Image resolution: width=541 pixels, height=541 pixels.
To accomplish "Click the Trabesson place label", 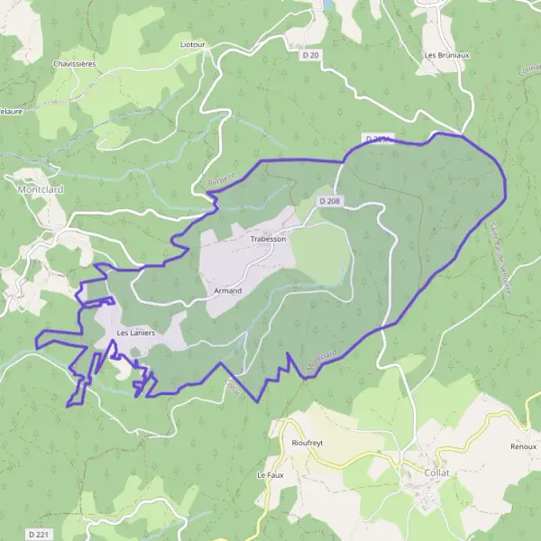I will (268, 239).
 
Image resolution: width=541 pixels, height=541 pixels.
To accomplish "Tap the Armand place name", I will (228, 291).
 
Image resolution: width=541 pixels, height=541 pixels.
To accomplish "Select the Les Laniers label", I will (136, 333).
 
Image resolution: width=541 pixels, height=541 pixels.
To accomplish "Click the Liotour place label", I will (192, 43).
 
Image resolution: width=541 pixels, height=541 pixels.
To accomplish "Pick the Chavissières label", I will (74, 65).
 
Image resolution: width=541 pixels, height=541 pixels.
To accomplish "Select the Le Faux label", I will (270, 474).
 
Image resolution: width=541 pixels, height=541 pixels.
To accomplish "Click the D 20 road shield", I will (310, 56).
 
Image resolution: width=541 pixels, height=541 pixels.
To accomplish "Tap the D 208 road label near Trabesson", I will (331, 201).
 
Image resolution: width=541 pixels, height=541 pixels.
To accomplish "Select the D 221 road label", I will (38, 535).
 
